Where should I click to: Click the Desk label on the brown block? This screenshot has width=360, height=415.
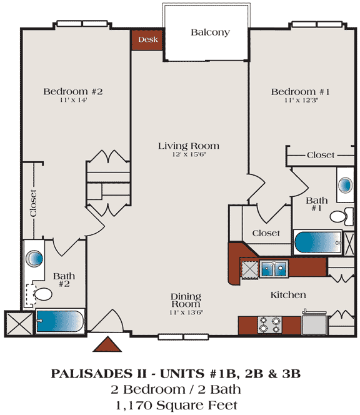148,40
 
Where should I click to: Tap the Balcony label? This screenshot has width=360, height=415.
210,32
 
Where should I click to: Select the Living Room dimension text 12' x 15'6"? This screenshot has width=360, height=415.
189,154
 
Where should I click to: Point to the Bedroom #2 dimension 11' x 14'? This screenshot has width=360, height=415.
73,100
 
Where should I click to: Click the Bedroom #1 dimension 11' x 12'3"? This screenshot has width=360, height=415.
301,100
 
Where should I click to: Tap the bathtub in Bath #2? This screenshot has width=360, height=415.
60,321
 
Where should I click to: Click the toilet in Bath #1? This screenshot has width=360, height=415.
341,216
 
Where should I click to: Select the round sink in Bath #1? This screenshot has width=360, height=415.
346,185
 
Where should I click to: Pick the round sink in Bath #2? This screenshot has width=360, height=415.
34,258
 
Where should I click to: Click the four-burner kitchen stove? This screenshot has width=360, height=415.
270,325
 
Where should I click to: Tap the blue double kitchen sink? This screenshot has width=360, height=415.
274,269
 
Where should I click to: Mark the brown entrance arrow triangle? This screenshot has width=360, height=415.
107,344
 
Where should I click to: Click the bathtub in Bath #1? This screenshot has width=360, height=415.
318,242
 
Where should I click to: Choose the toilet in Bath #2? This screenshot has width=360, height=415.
41,294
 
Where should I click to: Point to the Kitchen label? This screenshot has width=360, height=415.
288,295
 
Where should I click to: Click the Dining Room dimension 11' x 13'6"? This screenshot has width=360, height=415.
186,312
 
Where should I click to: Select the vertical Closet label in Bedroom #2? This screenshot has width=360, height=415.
33,203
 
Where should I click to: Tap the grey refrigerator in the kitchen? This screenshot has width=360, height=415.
314,323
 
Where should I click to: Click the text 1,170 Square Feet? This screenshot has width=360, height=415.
176,405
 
